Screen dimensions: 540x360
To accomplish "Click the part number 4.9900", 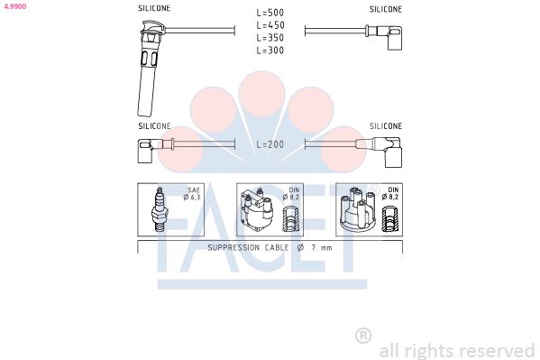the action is pos(15,6).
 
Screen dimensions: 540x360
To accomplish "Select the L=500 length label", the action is pos(270,13).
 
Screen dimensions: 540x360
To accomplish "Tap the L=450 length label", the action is pos(270,25).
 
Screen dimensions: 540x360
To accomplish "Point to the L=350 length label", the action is pos(270,38).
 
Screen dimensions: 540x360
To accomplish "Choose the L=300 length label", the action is pos(270,51).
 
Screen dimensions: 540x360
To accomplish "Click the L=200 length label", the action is pos(270,144).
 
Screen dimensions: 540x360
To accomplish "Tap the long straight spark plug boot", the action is pos(149,69).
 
